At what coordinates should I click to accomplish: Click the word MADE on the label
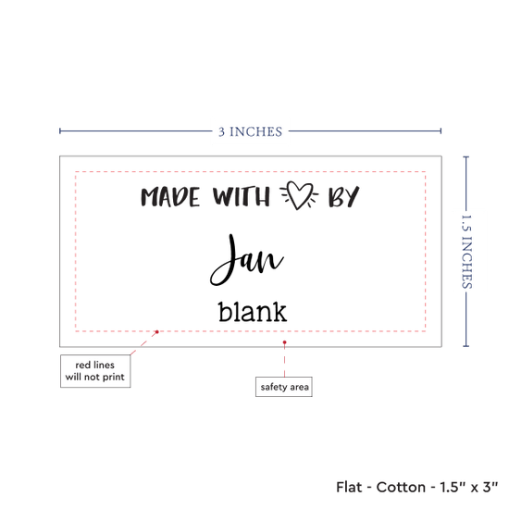pos(170,197)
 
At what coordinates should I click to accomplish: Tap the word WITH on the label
pos(242,196)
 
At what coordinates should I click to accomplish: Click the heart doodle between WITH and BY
pos(299,195)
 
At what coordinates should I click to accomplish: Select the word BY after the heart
pos(343,196)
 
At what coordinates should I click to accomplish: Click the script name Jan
pos(247,260)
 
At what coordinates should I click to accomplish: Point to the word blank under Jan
pos(253,312)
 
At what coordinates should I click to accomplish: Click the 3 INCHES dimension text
pos(250,131)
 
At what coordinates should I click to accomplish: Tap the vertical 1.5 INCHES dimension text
pos(466,252)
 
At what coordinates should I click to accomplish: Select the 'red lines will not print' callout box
pos(95,371)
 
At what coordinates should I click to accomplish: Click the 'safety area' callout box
pos(284,387)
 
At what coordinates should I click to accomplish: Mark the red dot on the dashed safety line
pos(156,331)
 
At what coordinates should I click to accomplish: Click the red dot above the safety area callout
pos(284,342)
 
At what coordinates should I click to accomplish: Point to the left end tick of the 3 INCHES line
pos(60,130)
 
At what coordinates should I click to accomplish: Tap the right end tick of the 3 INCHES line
pos(441,130)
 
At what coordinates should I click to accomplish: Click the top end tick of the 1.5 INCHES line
pos(466,157)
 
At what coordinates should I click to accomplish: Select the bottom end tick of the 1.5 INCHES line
pos(466,346)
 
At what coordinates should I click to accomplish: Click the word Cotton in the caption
pos(401,487)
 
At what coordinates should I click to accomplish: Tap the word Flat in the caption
pos(349,487)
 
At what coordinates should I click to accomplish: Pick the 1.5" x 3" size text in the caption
pos(469,487)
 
